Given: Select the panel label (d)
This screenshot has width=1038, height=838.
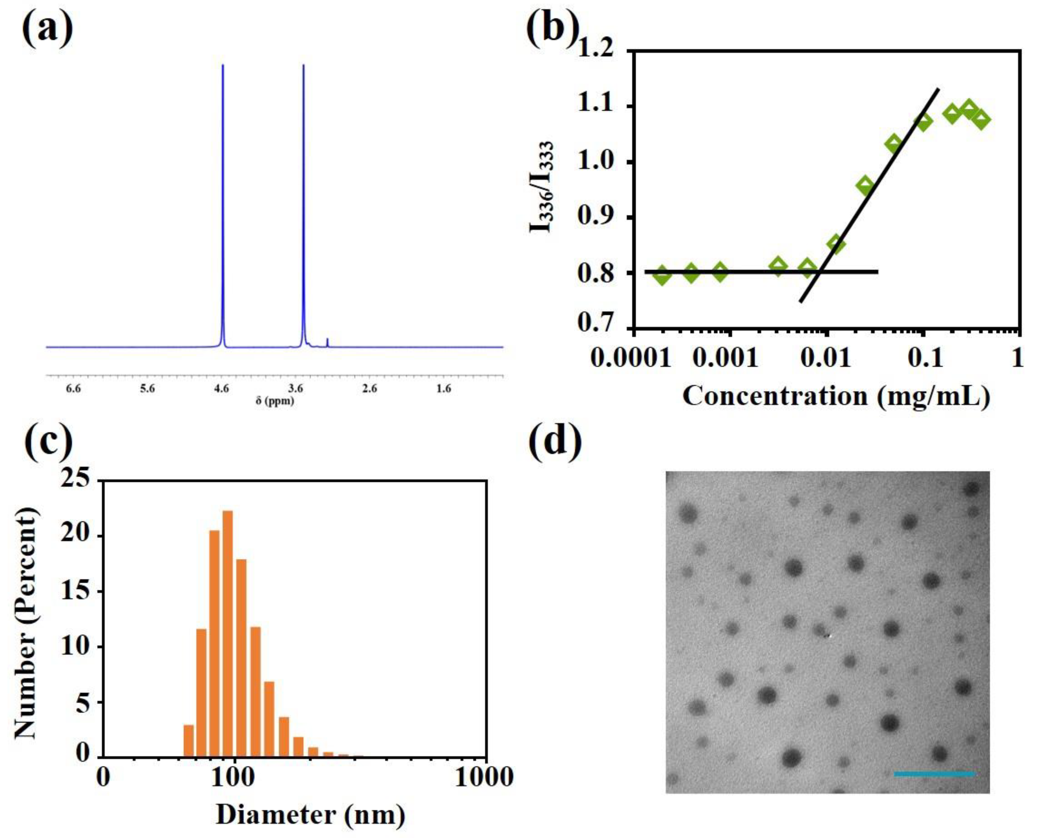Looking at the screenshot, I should click(555, 442).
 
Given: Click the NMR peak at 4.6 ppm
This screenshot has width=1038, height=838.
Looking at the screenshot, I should click(223, 203).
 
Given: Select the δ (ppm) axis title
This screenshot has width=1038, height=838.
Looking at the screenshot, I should click(275, 401).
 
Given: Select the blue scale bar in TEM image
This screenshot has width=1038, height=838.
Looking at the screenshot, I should click(935, 774).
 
